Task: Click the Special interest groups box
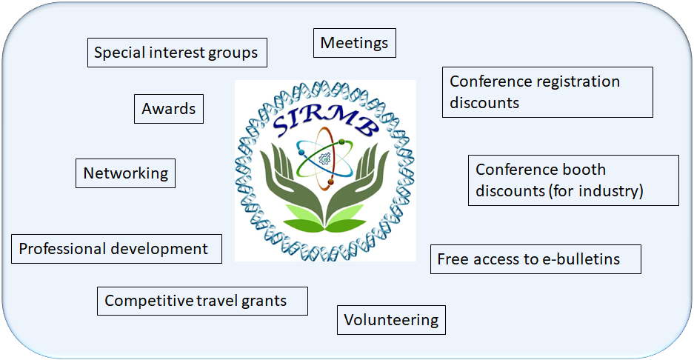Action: pyautogui.click(x=177, y=53)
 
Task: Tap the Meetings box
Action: pyautogui.click(x=355, y=43)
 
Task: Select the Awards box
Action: pyautogui.click(x=169, y=109)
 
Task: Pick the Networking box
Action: pyautogui.click(x=126, y=173)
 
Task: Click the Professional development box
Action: pyautogui.click(x=116, y=249)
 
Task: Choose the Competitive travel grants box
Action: pyautogui.click(x=202, y=301)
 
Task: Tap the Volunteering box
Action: pyautogui.click(x=391, y=320)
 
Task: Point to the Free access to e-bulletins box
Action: pyautogui.click(x=535, y=259)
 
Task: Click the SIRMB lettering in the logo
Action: pyautogui.click(x=326, y=121)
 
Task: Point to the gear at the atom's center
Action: pyautogui.click(x=325, y=158)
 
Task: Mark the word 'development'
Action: pyautogui.click(x=159, y=250)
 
